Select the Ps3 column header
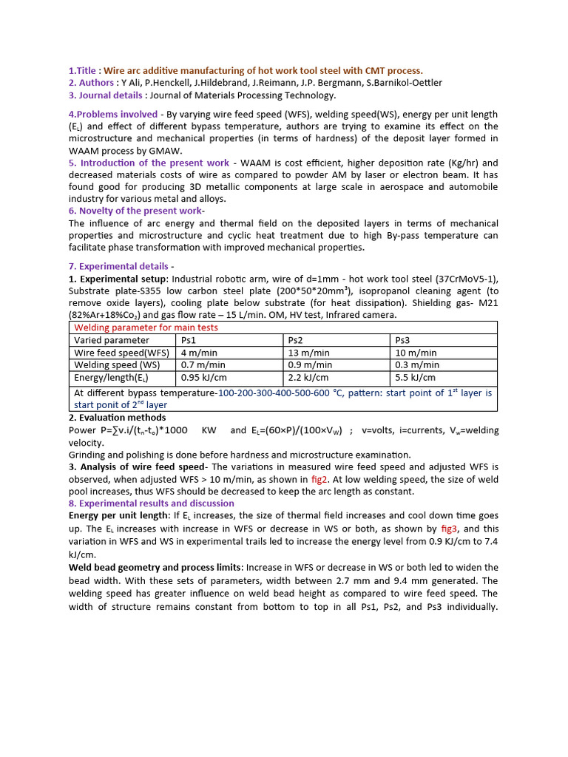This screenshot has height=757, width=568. tap(402, 340)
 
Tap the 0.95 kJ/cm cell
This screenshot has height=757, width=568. tap(203, 377)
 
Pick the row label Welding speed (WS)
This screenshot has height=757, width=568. tap(117, 364)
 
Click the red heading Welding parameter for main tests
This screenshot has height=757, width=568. tap(146, 327)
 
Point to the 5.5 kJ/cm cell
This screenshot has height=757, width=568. tap(416, 377)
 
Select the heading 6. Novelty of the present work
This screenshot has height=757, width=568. tap(135, 211)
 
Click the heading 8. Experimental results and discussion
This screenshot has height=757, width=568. tap(151, 503)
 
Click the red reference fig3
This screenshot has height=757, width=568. tap(449, 529)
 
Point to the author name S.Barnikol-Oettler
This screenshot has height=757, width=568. tap(399, 82)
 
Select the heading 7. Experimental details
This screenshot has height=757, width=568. tap(121, 265)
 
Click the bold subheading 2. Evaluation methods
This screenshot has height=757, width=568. tap(117, 418)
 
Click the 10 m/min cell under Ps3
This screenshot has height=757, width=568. tap(416, 353)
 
